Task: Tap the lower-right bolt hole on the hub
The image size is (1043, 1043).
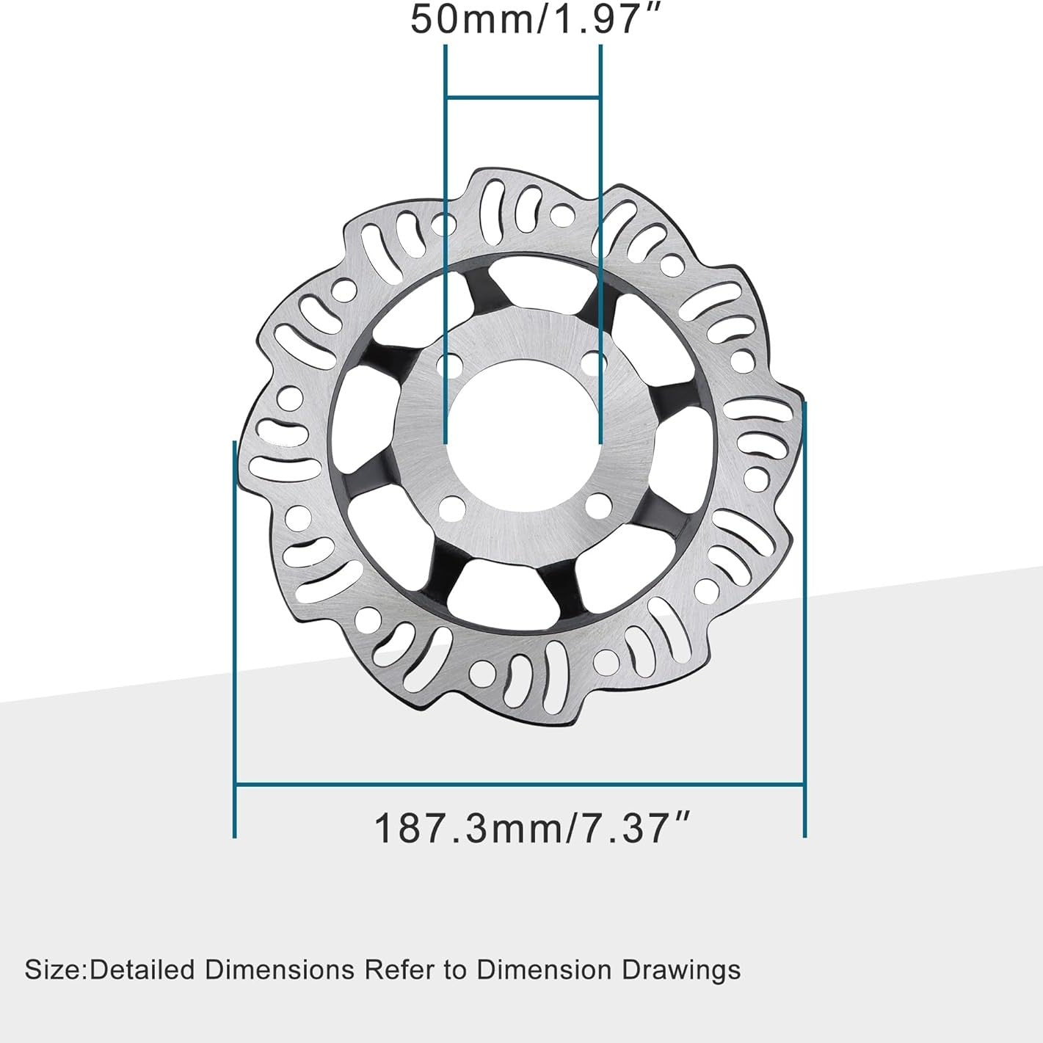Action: (x=602, y=506)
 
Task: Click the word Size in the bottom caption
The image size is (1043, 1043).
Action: (x=53, y=970)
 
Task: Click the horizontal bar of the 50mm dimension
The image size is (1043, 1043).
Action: (x=523, y=97)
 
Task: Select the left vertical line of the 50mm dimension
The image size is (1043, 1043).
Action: (x=446, y=220)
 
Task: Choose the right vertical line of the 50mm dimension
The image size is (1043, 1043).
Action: (x=601, y=220)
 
